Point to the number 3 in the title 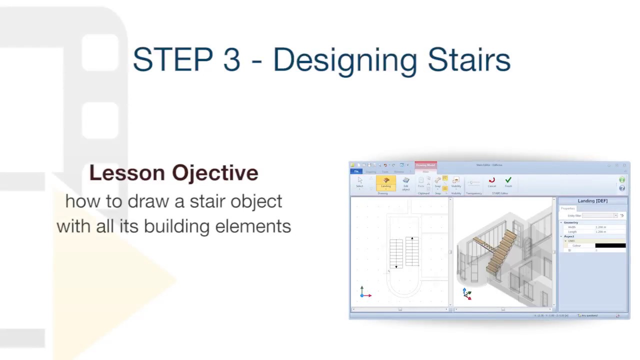[x=231, y=60]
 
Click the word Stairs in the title [x=468, y=60]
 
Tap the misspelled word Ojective [x=215, y=173]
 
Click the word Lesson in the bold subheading [x=127, y=173]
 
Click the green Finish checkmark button [x=508, y=181]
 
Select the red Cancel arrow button [x=492, y=181]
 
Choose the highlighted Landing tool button [x=386, y=182]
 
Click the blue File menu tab [x=356, y=171]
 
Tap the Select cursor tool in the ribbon [x=359, y=182]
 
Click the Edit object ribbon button [x=406, y=182]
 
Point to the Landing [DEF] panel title [x=592, y=201]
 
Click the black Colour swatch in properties [x=610, y=245]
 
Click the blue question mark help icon [x=622, y=188]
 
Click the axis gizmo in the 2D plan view [x=364, y=293]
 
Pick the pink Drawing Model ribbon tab [x=425, y=165]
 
